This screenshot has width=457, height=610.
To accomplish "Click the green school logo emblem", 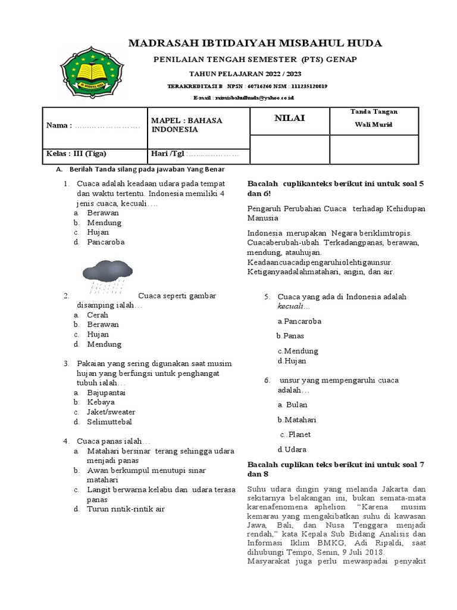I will tap(91, 73).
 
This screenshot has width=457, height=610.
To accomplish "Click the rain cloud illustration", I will tap(108, 273).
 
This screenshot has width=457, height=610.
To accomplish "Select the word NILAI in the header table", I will tap(289, 118).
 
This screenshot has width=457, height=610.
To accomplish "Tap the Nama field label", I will tap(59, 125).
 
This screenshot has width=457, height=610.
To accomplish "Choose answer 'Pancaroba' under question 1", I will tap(106, 242).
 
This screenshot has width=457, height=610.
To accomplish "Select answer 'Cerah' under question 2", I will tap(98, 315).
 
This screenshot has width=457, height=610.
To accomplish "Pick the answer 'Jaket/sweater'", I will tap(111, 412).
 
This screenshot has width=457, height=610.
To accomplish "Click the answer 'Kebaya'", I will tap(101, 402).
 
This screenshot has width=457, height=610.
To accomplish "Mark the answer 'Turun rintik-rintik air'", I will tap(126, 509).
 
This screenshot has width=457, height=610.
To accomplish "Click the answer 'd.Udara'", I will tap(292, 449).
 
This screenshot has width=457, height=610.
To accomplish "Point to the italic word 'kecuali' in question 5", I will tap(290, 306).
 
